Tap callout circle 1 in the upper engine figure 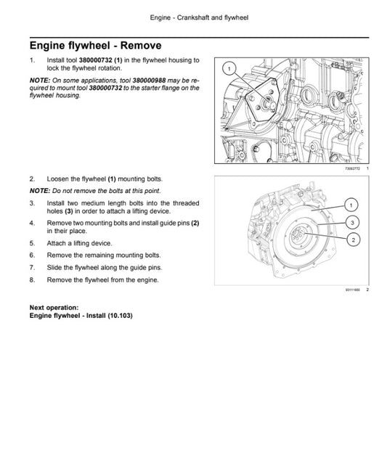pyautogui.click(x=230, y=69)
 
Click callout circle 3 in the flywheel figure pyautogui.click(x=351, y=221)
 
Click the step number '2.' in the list pyautogui.click(x=33, y=179)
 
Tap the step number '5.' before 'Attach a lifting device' pyautogui.click(x=33, y=243)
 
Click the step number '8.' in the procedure pyautogui.click(x=33, y=279)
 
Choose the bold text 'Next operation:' pyautogui.click(x=54, y=308)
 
